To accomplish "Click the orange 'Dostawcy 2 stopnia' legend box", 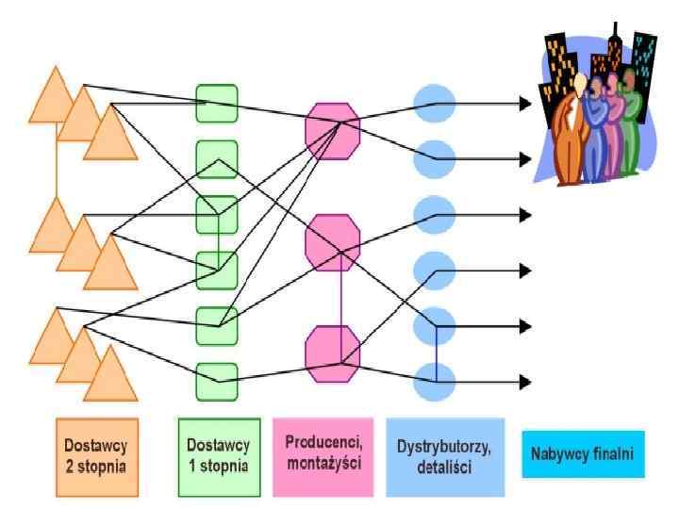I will [x=97, y=456].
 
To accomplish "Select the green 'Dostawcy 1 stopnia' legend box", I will [x=219, y=456].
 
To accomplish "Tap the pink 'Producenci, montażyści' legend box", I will [x=323, y=456].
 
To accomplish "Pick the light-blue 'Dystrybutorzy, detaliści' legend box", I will [x=444, y=456].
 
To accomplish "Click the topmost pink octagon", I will [x=333, y=129].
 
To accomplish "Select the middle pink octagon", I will [x=333, y=241].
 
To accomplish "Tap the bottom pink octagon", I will [x=333, y=352].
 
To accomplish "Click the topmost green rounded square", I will [x=217, y=104].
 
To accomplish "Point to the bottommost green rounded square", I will [x=217, y=381].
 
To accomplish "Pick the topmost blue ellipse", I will [x=436, y=104].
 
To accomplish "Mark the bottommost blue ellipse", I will [x=436, y=381].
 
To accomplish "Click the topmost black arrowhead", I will [x=525, y=104].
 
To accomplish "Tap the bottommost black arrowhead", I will [x=525, y=382].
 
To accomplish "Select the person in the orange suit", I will [x=570, y=132].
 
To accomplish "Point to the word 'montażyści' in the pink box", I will [x=323, y=465].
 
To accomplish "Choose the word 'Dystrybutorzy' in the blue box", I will [x=444, y=447].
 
